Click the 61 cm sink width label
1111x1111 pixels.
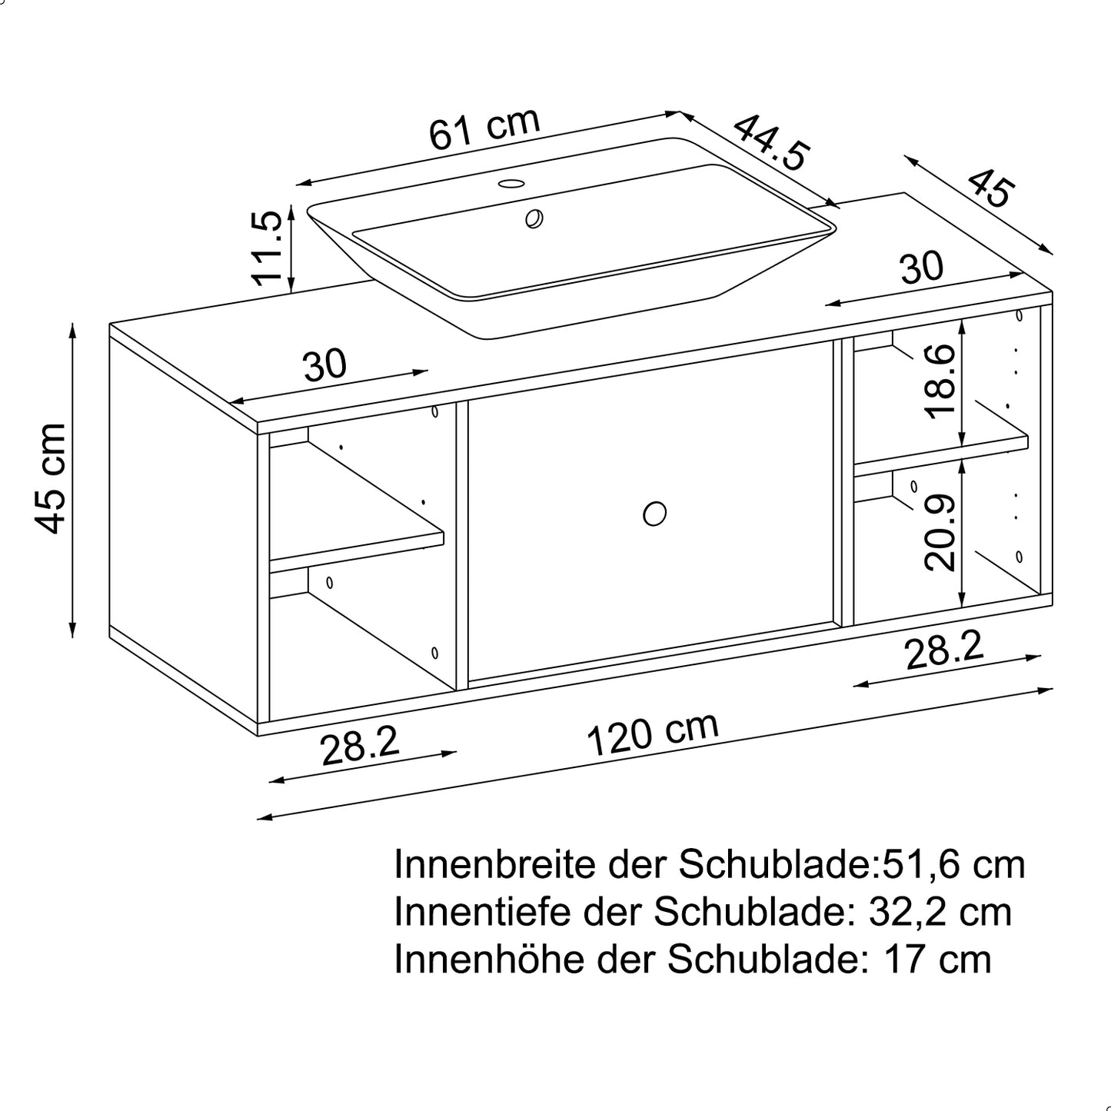(x=484, y=128)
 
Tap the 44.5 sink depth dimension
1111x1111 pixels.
(x=770, y=142)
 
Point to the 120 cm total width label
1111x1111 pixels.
(x=653, y=733)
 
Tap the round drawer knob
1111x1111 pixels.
(x=654, y=513)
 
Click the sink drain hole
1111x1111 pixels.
(x=534, y=218)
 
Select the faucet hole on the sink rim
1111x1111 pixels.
(x=511, y=184)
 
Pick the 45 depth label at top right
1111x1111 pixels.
(x=990, y=188)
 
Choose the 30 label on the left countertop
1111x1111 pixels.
(x=324, y=364)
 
